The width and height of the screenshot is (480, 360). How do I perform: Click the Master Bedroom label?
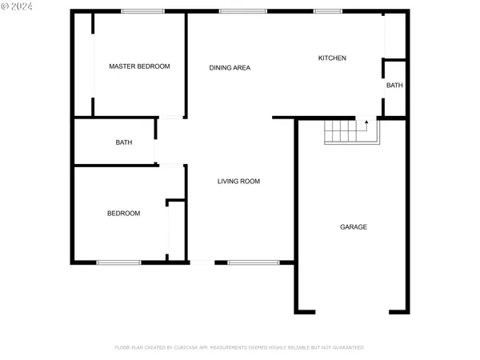click(x=139, y=66)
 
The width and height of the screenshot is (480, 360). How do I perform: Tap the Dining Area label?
click(x=230, y=68)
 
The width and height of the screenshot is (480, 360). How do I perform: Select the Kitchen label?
click(x=332, y=58)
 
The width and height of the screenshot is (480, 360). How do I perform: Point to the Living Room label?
click(x=238, y=182)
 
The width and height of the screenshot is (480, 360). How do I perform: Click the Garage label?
click(x=354, y=227)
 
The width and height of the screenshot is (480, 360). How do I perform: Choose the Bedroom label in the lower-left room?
click(x=124, y=214)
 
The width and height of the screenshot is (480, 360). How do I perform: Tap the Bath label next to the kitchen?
click(x=394, y=86)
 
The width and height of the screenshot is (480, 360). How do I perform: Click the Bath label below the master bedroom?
click(x=124, y=143)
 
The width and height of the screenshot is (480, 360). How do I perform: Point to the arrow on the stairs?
click(x=366, y=122)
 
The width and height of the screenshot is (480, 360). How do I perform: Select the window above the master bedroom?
click(x=142, y=10)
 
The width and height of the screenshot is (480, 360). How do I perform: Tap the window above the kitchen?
click(x=326, y=10)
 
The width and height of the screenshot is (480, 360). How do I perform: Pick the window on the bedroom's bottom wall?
click(x=118, y=262)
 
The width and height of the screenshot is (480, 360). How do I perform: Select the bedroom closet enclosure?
click(x=177, y=230)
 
